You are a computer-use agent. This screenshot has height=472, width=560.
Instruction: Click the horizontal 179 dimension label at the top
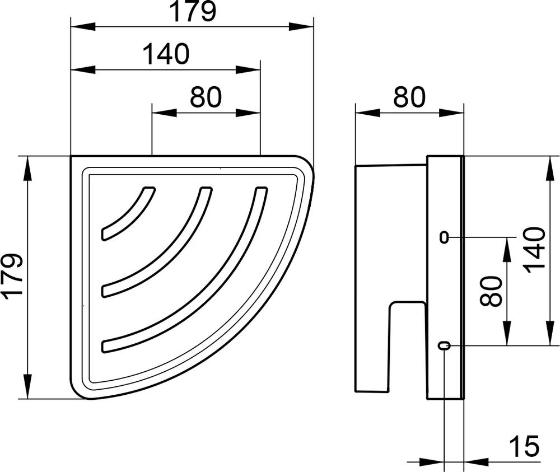point(193,12)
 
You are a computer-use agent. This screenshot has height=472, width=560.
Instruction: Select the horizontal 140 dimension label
point(166,54)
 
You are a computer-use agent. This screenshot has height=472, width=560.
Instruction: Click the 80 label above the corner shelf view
point(206,97)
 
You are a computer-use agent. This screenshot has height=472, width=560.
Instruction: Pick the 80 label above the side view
point(409,97)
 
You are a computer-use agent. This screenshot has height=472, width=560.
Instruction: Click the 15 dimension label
point(524,446)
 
